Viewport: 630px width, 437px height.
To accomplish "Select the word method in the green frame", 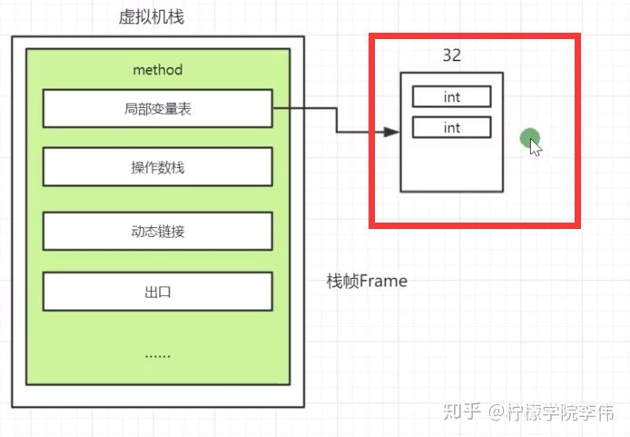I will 157,69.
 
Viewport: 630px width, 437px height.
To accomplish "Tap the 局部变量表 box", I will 157,109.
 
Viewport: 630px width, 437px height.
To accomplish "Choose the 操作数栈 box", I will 157,167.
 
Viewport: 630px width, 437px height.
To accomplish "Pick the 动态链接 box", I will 157,230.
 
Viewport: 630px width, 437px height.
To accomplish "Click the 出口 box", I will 157,292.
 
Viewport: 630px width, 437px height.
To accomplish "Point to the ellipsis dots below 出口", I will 157,354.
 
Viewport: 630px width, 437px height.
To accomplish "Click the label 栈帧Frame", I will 367,282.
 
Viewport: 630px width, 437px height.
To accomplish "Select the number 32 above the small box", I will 451,55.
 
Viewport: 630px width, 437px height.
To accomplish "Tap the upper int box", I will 451,96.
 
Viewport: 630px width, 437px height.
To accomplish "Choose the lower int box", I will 451,127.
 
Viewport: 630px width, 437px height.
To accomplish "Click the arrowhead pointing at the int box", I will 391,133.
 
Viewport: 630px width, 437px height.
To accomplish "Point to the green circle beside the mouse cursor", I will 529,138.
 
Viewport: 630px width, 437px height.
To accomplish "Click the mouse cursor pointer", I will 536,147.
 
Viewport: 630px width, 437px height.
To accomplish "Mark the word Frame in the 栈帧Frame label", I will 383,282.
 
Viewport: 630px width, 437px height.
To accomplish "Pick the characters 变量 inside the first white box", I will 157,109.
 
